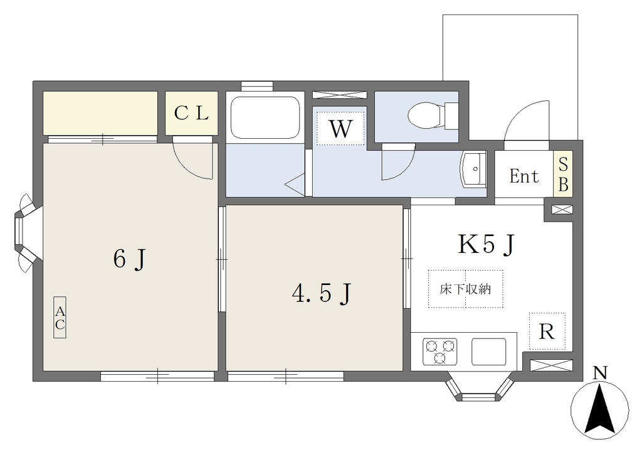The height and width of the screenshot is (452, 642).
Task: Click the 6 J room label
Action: pyautogui.click(x=129, y=259)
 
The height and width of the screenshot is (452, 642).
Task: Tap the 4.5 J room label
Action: pyautogui.click(x=322, y=294)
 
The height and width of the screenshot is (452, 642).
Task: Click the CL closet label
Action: pyautogui.click(x=191, y=113)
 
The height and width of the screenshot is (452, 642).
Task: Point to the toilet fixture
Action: pyautogui.click(x=433, y=114)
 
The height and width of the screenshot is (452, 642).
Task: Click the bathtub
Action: pyautogui.click(x=265, y=118)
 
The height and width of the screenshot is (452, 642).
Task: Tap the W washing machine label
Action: pyautogui.click(x=340, y=129)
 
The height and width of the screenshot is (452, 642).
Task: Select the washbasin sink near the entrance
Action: pyautogui.click(x=474, y=169)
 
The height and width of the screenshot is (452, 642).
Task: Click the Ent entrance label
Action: pyautogui.click(x=524, y=176)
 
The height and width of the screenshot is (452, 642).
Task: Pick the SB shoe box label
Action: pyautogui.click(x=564, y=175)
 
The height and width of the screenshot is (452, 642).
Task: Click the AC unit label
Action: pyautogui.click(x=60, y=318)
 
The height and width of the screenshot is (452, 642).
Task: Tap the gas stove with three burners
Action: pyautogui.click(x=439, y=352)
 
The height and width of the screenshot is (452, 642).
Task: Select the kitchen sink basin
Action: pyautogui.click(x=488, y=352)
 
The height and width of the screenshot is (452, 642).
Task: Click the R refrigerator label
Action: pyautogui.click(x=547, y=331)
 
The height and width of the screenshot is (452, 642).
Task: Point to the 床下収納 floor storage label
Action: pyautogui.click(x=465, y=289)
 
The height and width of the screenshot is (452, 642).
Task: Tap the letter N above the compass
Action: pyautogui.click(x=600, y=373)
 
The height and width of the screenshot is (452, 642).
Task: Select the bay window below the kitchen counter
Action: pyautogui.click(x=479, y=386)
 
